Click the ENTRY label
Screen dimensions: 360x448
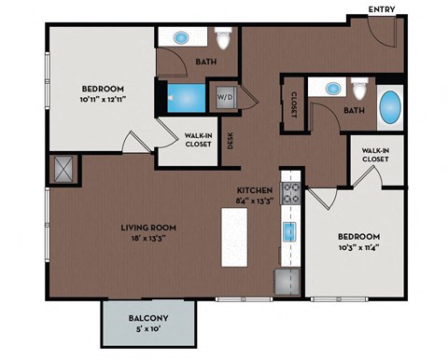(x=382, y=9)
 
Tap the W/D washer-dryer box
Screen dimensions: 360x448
(x=226, y=96)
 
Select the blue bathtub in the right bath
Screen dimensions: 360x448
(x=389, y=109)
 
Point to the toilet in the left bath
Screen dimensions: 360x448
(x=222, y=40)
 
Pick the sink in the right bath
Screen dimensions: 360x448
(x=331, y=89)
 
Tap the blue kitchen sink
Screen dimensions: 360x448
(x=290, y=231)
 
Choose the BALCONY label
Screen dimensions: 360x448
(x=148, y=319)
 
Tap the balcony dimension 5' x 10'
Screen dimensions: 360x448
(x=148, y=331)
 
